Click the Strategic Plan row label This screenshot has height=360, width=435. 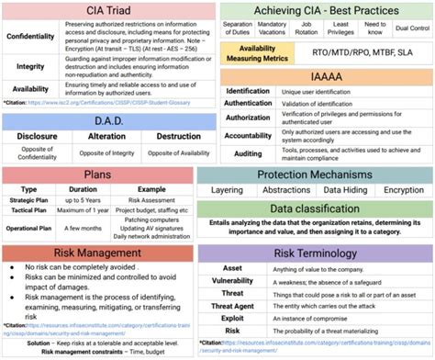[29, 198]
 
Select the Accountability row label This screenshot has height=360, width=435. [248, 134]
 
